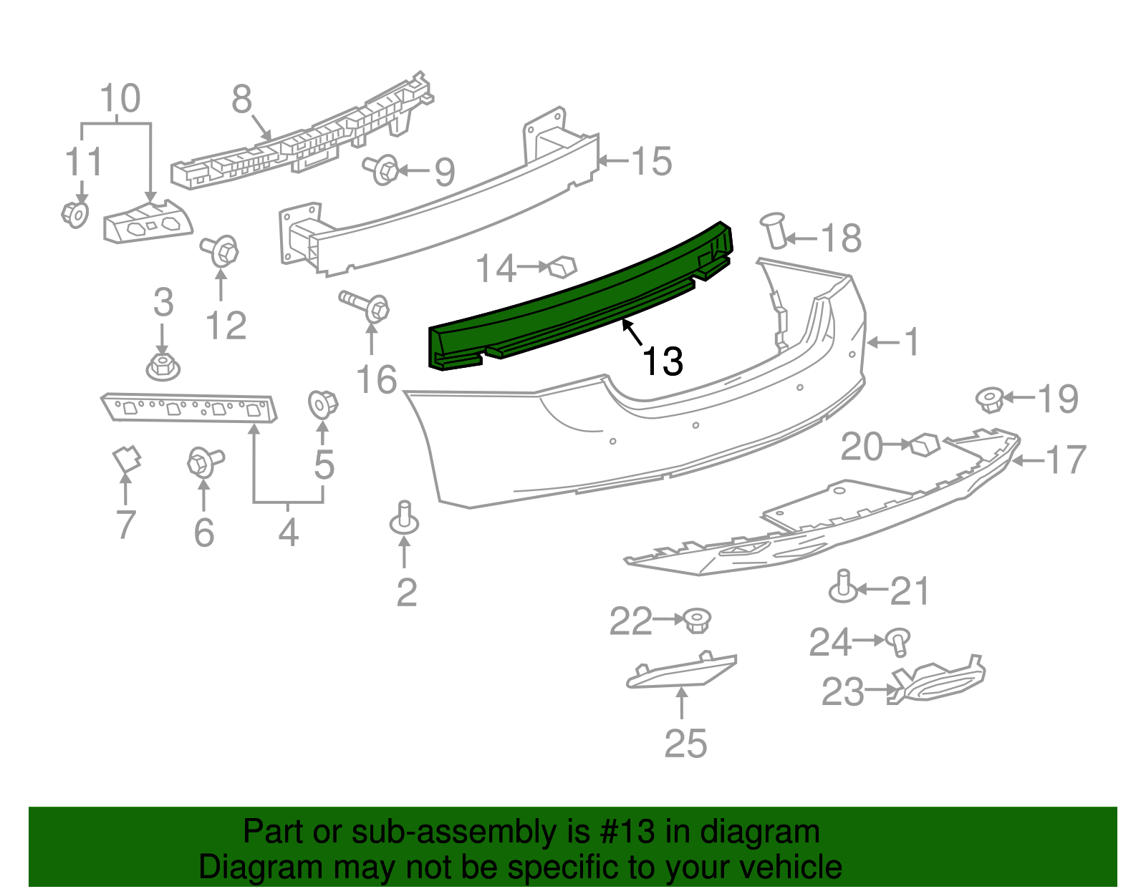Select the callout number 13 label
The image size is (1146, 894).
[x=663, y=361]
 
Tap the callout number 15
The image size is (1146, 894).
[x=652, y=161]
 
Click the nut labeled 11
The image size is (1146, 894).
[x=74, y=213]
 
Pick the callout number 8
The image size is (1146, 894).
[x=242, y=99]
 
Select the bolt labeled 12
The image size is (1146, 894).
[x=221, y=251]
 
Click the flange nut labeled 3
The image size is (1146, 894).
[x=163, y=366]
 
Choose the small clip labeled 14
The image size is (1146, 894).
[x=562, y=267]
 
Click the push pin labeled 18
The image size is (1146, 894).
[x=774, y=229]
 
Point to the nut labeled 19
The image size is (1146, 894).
[x=990, y=399]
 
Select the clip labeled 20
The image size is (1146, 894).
[x=924, y=444]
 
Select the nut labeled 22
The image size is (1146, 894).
[x=695, y=620]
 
